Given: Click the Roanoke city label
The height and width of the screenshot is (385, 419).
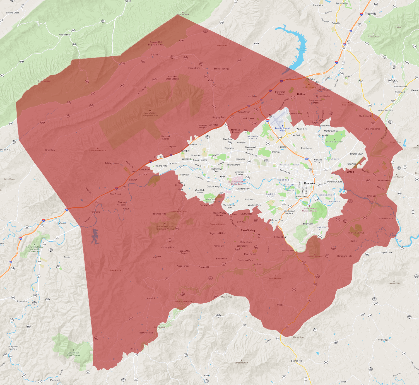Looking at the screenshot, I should coord(309,183).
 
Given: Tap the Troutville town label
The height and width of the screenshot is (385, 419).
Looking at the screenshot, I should coord(370,14).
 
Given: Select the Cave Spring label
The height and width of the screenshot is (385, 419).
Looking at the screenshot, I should coord(248,230).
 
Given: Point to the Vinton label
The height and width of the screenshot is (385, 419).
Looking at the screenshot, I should coord(350,172).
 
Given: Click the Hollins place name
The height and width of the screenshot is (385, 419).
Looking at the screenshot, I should coord(301,94).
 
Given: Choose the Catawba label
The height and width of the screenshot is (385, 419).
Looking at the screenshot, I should coord(155,55).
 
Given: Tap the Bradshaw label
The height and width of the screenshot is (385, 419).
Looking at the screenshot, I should coord(50,150).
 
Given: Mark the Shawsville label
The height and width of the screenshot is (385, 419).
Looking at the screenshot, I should coord(21,301).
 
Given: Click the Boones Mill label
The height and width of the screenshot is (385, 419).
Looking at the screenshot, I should coord(297,361).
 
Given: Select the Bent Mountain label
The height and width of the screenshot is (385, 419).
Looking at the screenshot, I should coord(146,333).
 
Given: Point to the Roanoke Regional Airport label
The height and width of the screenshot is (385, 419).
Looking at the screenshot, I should coord(282,129).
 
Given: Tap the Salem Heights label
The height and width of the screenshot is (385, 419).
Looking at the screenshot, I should coord(200,160).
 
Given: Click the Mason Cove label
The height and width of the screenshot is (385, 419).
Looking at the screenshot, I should coord(194,68).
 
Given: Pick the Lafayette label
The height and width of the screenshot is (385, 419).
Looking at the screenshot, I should coord(62,223).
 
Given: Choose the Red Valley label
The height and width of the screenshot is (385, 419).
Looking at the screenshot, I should coord(383,340).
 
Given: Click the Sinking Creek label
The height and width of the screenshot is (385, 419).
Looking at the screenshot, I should coord(13,13).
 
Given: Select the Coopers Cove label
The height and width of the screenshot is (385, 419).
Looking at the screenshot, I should coord(386,252).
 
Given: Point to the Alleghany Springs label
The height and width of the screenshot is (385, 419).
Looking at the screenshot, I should coord(13,348).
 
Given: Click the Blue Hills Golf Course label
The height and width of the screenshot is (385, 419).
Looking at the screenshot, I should coord(334,142).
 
